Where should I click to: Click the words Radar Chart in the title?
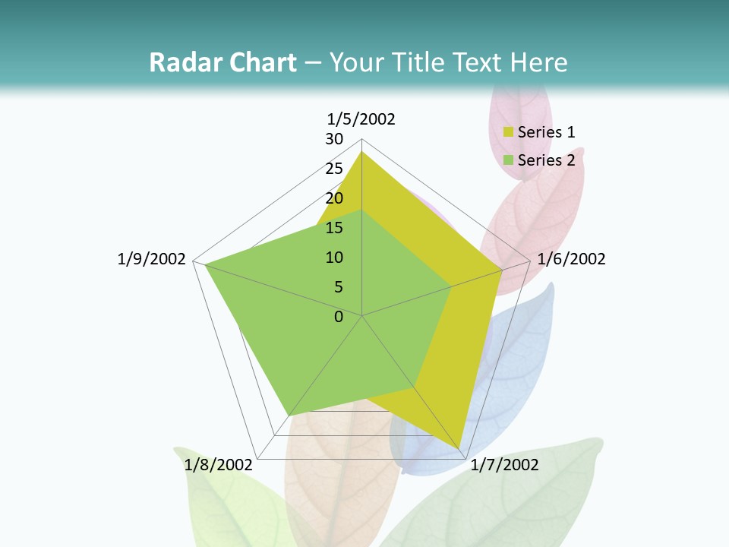222,62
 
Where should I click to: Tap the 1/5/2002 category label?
361,119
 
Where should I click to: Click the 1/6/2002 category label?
571,259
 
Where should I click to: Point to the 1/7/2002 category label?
505,465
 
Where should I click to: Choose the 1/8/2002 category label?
218,465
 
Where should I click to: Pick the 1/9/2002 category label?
151,259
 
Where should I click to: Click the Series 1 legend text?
546,132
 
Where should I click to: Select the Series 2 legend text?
546,160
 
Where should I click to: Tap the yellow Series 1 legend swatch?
509,133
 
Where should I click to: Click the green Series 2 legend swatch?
509,160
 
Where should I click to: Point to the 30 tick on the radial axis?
334,139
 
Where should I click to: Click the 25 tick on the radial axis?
334,169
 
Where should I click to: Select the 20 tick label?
334,198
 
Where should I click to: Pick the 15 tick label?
334,228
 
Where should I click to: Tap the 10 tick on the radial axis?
334,258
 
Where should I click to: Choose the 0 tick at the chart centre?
339,317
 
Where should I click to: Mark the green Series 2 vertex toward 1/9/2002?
205,264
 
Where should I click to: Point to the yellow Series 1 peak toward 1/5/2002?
361,153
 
